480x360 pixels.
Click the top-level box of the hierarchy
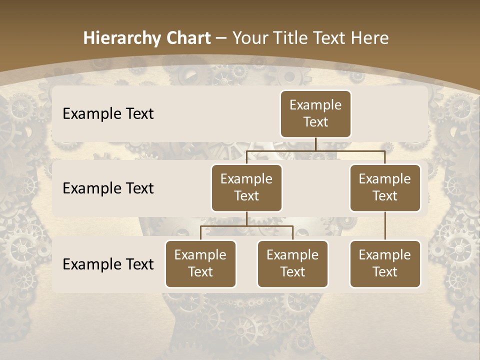pyautogui.click(x=315, y=113)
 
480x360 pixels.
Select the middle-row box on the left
pyautogui.click(x=246, y=187)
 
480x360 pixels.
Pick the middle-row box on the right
pyautogui.click(x=385, y=187)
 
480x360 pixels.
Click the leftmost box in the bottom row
pyautogui.click(x=200, y=263)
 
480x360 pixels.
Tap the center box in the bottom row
pyautogui.click(x=292, y=263)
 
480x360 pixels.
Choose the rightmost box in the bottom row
pyautogui.click(x=385, y=263)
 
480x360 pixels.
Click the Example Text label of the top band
pyautogui.click(x=108, y=113)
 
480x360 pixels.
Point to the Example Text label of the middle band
pyautogui.click(x=108, y=188)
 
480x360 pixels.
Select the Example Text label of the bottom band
pyautogui.click(x=108, y=264)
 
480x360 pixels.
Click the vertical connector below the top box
pyautogui.click(x=315, y=144)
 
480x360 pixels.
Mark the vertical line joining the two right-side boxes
pyautogui.click(x=385, y=226)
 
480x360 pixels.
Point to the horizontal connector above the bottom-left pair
pyautogui.click(x=246, y=226)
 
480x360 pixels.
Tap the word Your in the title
pyautogui.click(x=250, y=38)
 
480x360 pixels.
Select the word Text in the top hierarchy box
pyautogui.click(x=315, y=122)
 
